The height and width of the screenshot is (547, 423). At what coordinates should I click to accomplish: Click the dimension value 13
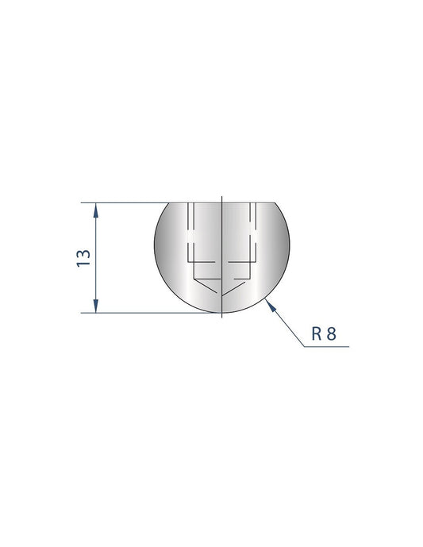click(x=82, y=257)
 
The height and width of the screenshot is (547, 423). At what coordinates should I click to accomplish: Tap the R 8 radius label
click(x=325, y=334)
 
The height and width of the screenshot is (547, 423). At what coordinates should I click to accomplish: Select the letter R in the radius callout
click(x=316, y=334)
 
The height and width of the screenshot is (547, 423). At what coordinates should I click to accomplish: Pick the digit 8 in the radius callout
click(x=333, y=334)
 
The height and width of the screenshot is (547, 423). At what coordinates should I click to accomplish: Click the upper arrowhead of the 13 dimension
click(x=96, y=208)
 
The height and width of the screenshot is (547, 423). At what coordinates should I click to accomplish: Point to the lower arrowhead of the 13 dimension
click(x=96, y=307)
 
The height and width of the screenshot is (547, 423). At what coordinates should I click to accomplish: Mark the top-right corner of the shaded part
click(x=275, y=202)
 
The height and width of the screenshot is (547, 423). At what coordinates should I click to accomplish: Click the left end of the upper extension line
click(x=83, y=202)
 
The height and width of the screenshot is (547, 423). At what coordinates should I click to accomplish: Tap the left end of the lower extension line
click(x=83, y=314)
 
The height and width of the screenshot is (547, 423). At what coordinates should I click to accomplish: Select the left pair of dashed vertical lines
click(x=190, y=230)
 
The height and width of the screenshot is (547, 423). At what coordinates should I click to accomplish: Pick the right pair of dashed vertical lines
click(x=255, y=230)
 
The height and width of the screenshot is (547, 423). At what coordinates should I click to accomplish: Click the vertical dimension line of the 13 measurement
click(x=96, y=238)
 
